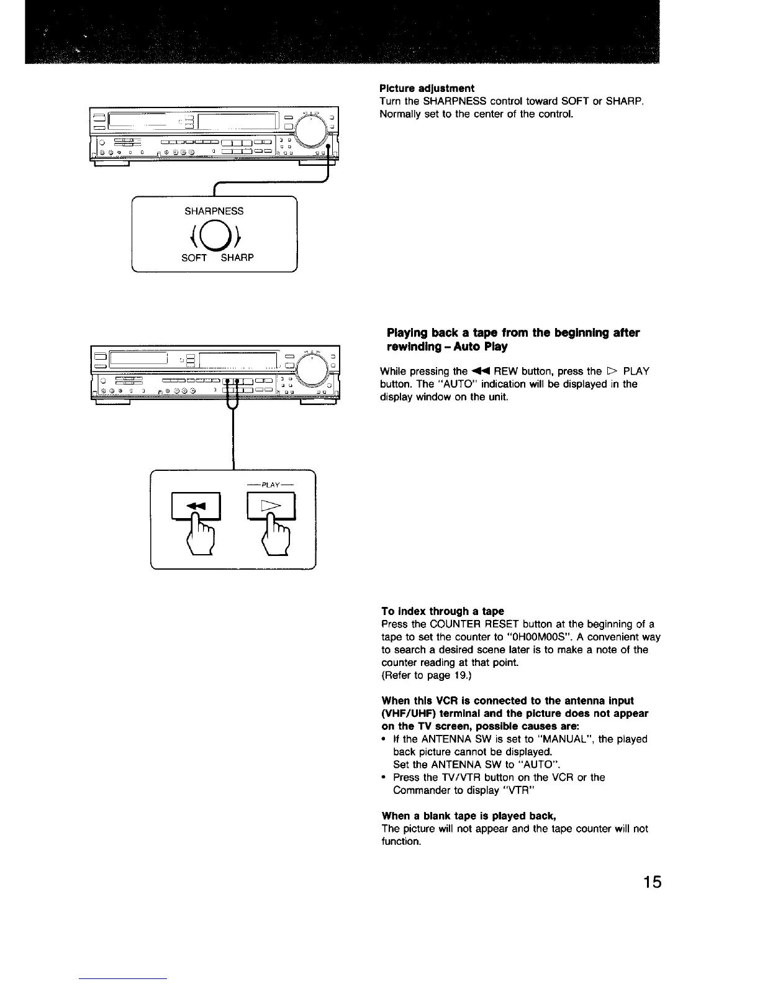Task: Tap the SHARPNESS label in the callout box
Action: pyautogui.click(x=214, y=211)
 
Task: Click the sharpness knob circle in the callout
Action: pyautogui.click(x=214, y=235)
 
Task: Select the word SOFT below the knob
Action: pyautogui.click(x=193, y=258)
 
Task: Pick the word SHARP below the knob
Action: pyautogui.click(x=237, y=258)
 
